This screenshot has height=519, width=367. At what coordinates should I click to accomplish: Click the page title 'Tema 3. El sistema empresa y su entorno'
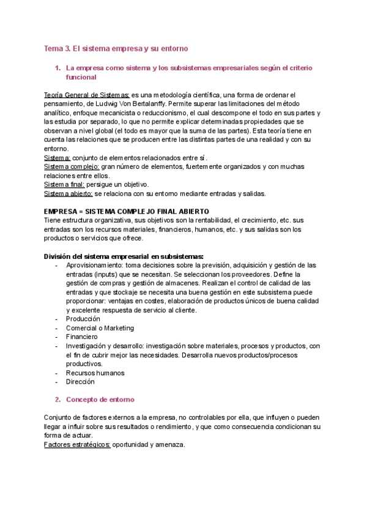click(x=116, y=48)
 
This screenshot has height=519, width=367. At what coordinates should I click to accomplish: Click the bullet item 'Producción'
click(x=83, y=319)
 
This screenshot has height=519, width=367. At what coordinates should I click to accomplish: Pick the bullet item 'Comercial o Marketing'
click(x=100, y=328)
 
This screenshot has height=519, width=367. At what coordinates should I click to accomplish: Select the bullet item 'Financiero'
click(x=82, y=337)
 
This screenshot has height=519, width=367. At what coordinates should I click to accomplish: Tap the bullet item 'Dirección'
click(x=80, y=381)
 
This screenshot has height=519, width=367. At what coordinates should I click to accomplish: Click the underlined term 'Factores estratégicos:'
click(x=77, y=444)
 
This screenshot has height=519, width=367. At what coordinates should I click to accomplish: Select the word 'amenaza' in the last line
click(x=170, y=444)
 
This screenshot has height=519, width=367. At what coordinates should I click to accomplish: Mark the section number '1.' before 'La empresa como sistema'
click(x=58, y=68)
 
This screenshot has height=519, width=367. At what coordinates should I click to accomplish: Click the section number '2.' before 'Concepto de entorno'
click(x=58, y=400)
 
